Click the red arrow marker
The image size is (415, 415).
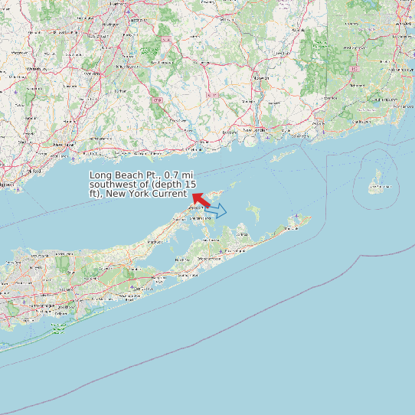(x=201, y=201)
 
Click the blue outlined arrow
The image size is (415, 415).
(x=216, y=211)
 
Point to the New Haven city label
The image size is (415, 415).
(x=63, y=144)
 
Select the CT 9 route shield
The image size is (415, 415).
(x=158, y=100)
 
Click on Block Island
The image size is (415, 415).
(x=376, y=181)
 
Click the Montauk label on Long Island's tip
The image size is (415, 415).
(x=293, y=228)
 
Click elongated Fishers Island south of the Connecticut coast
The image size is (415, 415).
(x=283, y=155)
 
